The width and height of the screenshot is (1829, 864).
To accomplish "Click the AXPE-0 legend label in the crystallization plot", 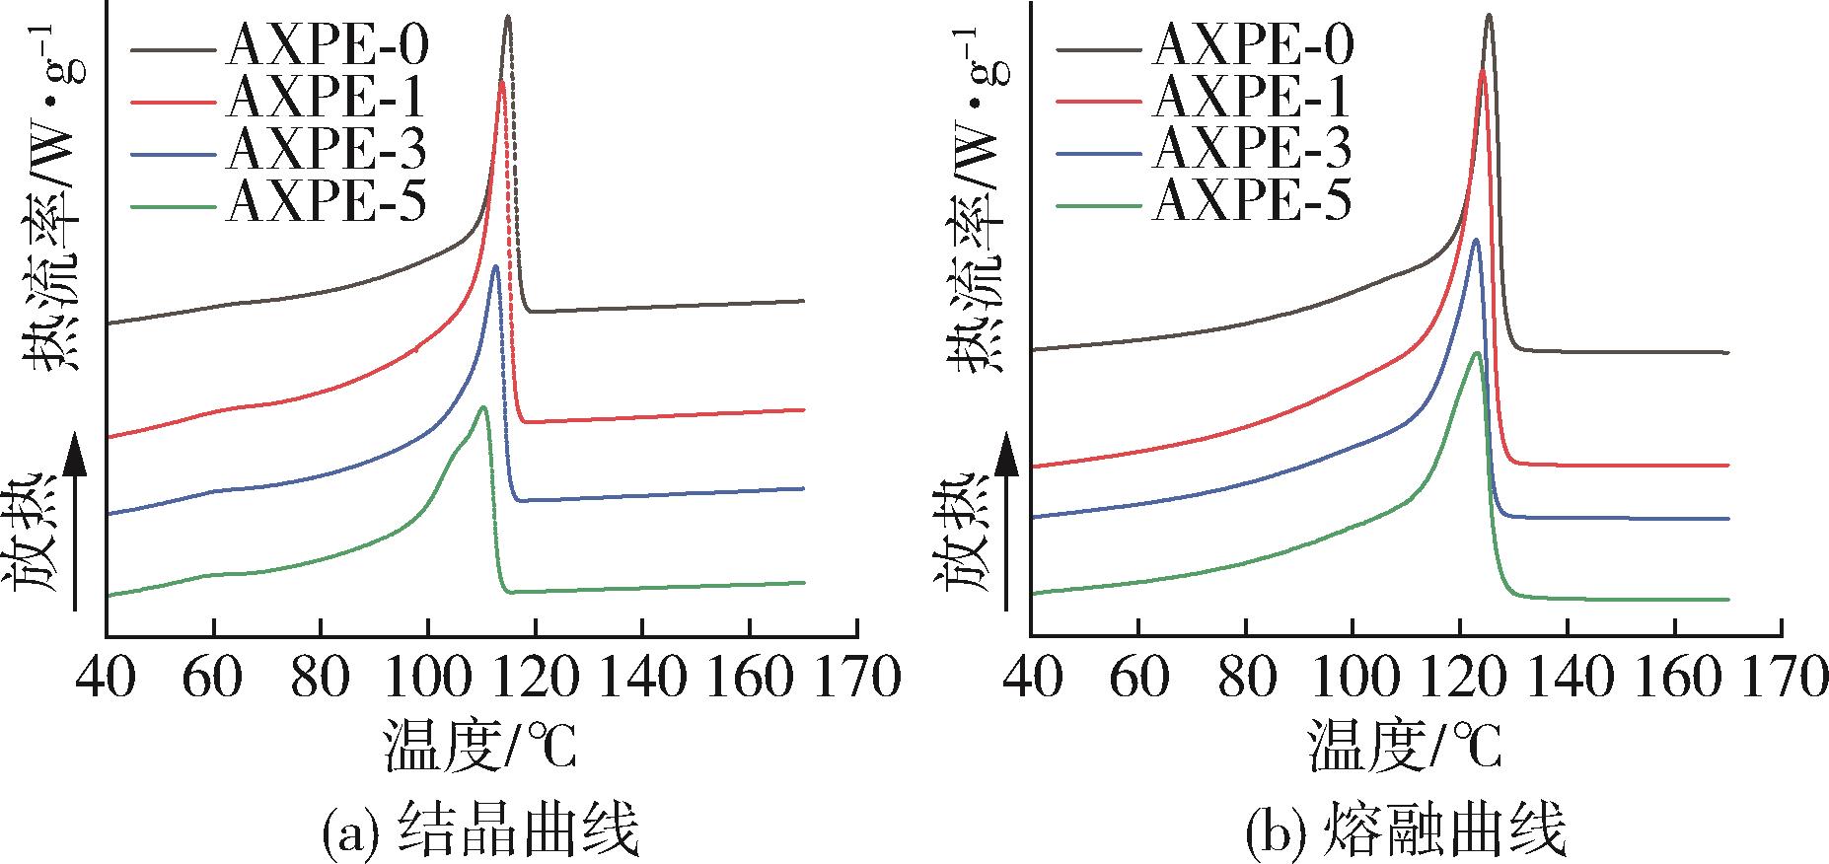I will pos(327,43).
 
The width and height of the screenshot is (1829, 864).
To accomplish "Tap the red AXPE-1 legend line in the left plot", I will pos(172,100).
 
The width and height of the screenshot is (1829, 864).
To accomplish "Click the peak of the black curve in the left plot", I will pos(508,17).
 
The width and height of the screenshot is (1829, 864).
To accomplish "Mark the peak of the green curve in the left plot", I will pos(483,406).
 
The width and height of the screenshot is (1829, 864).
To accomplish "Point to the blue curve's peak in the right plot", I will pos(1476,240).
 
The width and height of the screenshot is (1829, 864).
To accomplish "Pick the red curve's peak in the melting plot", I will pos(1483,70).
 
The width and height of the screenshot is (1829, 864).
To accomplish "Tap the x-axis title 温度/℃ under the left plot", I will pos(480,746).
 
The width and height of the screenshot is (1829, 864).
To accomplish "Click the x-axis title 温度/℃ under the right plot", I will pos(1405,746).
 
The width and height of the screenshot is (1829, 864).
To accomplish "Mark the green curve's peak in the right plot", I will pos(1476,353).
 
